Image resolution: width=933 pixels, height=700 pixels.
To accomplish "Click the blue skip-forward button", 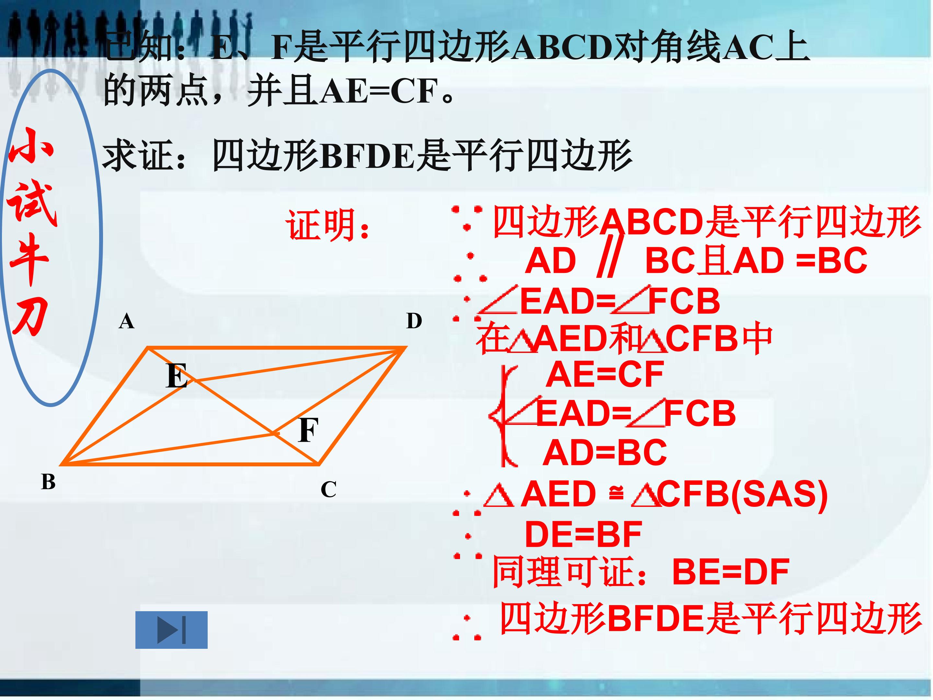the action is point(171,630).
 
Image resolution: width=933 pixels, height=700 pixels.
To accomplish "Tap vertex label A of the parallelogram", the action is point(127,321).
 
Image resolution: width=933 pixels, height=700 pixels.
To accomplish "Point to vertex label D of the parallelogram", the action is point(414,321).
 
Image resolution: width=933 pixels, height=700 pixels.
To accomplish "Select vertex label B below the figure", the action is point(49,482).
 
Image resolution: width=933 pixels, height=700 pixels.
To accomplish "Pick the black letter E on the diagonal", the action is point(177,376).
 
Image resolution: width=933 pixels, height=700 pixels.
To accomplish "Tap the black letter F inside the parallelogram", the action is point(308,430).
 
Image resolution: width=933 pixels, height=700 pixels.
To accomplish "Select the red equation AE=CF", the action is point(605,374).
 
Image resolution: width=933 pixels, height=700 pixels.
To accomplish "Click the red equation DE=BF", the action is point(583,535).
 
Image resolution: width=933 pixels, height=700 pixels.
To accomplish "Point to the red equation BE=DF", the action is point(731,572).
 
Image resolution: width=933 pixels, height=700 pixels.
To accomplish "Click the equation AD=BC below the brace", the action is point(605,453).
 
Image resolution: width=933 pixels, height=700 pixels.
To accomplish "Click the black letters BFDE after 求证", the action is point(368,157).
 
